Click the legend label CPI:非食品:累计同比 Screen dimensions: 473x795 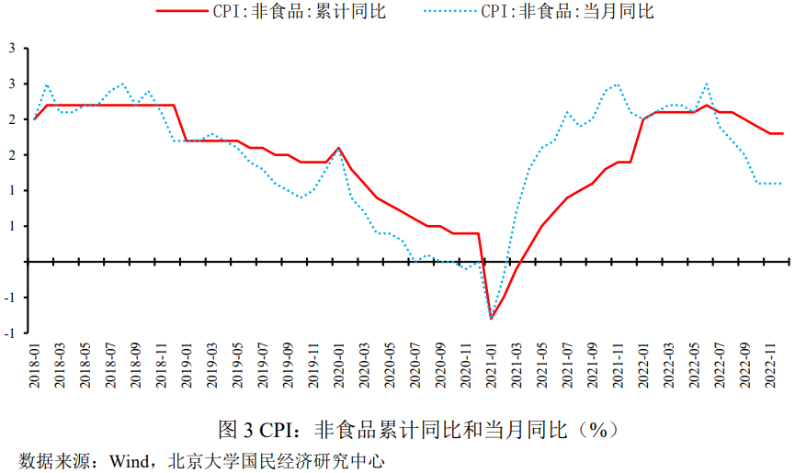[x=297, y=12]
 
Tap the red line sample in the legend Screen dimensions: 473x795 [x=187, y=12]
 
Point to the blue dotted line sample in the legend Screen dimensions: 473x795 [x=449, y=12]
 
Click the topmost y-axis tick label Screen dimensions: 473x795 [x=13, y=49]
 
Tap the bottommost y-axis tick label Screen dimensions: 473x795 [x=11, y=333]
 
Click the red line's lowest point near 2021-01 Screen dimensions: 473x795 [x=491, y=318]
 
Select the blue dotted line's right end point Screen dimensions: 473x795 [x=782, y=183]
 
